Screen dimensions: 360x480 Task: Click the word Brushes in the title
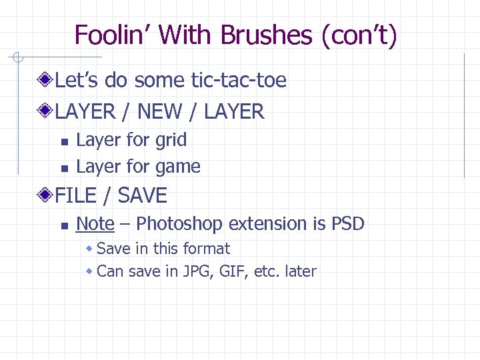tap(266, 35)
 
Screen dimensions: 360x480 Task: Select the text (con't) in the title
tap(359, 35)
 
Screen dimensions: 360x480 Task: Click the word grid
tap(171, 140)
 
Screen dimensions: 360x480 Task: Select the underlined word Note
tap(95, 223)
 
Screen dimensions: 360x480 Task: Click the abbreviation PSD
tap(347, 223)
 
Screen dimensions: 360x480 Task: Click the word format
tap(207, 249)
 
